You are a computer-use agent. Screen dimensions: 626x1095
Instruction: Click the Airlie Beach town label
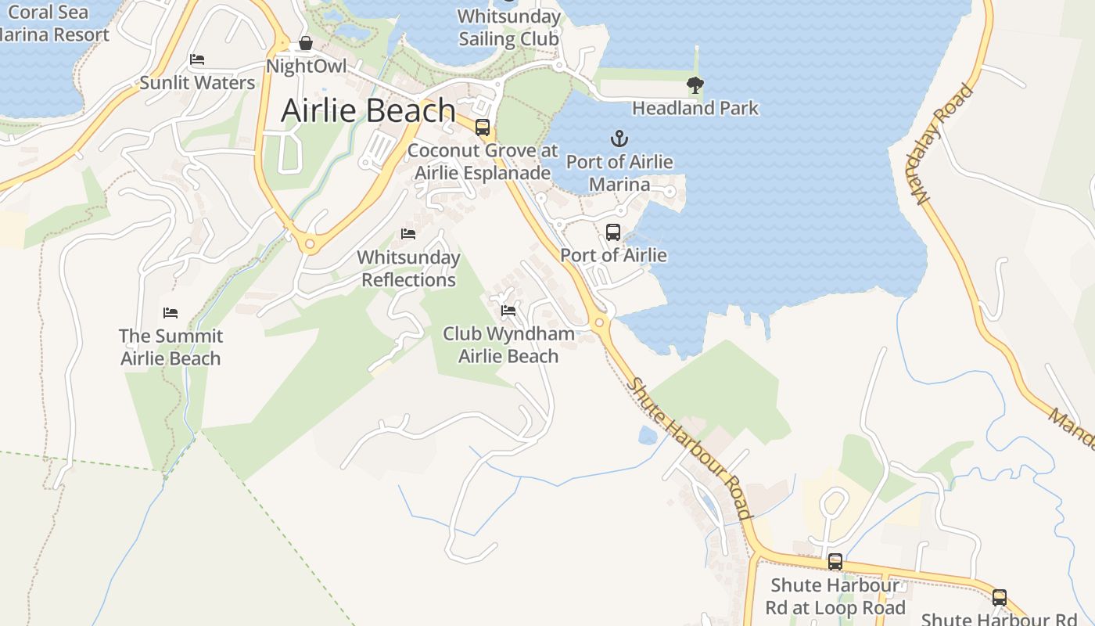point(368,110)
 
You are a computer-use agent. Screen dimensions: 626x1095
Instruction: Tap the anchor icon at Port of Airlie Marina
point(619,139)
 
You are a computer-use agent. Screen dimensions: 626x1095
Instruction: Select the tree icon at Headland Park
point(695,85)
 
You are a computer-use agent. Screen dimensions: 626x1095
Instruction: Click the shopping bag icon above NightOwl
point(306,44)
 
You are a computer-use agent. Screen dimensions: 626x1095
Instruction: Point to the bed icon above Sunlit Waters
point(197,59)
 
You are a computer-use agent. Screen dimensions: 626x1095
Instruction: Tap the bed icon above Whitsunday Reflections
point(407,234)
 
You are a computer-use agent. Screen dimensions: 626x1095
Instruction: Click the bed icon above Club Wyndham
point(508,311)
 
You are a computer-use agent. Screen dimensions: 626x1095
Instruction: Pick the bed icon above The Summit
point(171,313)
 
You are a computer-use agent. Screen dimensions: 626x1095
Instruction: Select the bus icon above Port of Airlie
point(613,232)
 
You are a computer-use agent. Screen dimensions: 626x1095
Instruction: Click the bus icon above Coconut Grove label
point(483,128)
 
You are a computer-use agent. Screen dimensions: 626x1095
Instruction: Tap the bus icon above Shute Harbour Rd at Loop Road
point(835,562)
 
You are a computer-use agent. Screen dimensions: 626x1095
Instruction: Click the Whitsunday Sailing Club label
point(509,27)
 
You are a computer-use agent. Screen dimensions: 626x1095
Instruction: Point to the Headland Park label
point(695,108)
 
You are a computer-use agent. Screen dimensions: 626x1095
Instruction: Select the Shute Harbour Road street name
point(690,448)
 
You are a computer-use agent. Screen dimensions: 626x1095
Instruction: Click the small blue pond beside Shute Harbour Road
point(648,436)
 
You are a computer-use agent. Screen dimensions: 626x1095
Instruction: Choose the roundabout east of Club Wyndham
point(600,322)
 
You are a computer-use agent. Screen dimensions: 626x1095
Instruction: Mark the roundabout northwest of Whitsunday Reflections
point(310,245)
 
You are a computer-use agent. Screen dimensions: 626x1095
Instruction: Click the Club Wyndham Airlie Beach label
point(508,345)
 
